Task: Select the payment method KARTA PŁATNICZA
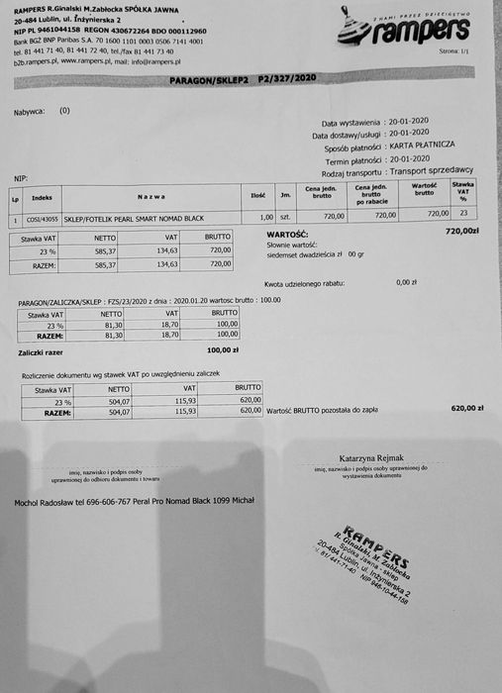coord(422,145)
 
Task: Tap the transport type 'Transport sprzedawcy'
coord(445,170)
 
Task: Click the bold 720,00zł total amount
coord(461,231)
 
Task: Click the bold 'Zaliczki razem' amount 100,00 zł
coord(222,349)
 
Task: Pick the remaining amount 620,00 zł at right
coord(465,408)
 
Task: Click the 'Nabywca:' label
coord(30,112)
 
